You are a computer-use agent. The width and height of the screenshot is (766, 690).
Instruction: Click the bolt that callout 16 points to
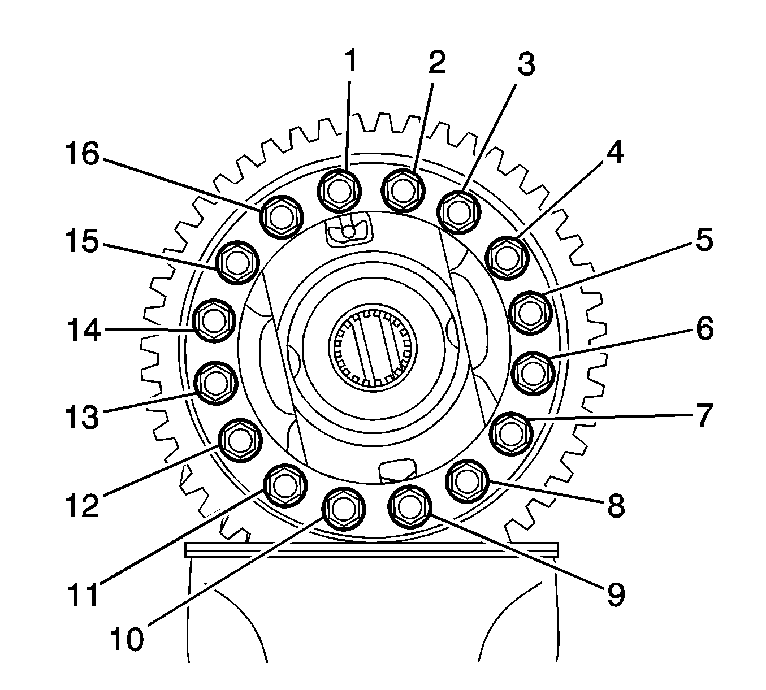281,216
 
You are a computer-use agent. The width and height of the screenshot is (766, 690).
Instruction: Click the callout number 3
525,66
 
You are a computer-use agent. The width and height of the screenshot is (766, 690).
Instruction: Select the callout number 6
704,329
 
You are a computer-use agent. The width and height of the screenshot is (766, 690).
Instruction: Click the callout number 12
80,506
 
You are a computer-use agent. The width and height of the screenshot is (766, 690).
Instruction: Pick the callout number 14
82,329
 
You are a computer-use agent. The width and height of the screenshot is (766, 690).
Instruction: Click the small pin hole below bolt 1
349,230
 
